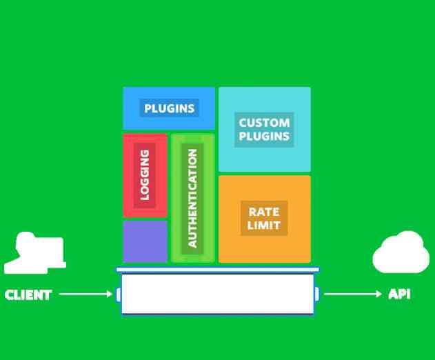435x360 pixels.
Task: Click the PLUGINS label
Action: coord(169,108)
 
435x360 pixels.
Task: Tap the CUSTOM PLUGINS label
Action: coord(264,129)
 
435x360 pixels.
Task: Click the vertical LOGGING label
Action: coord(145,174)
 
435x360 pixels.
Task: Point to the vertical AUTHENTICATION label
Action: coord(192,198)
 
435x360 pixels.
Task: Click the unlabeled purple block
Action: coord(145,241)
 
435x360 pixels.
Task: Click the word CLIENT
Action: coord(28,295)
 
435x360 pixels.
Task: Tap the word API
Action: coord(399,294)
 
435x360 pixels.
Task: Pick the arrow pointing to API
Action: coord(352,294)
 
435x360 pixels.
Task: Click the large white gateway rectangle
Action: coord(217,294)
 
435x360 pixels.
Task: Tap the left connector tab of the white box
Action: coord(119,294)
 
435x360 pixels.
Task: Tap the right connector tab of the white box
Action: coord(316,294)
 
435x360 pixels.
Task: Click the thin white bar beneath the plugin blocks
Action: coord(217,270)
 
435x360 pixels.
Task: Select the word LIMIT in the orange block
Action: coord(264,226)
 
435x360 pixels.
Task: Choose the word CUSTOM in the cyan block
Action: coord(264,123)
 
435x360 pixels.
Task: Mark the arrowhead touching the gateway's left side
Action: coord(110,294)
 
